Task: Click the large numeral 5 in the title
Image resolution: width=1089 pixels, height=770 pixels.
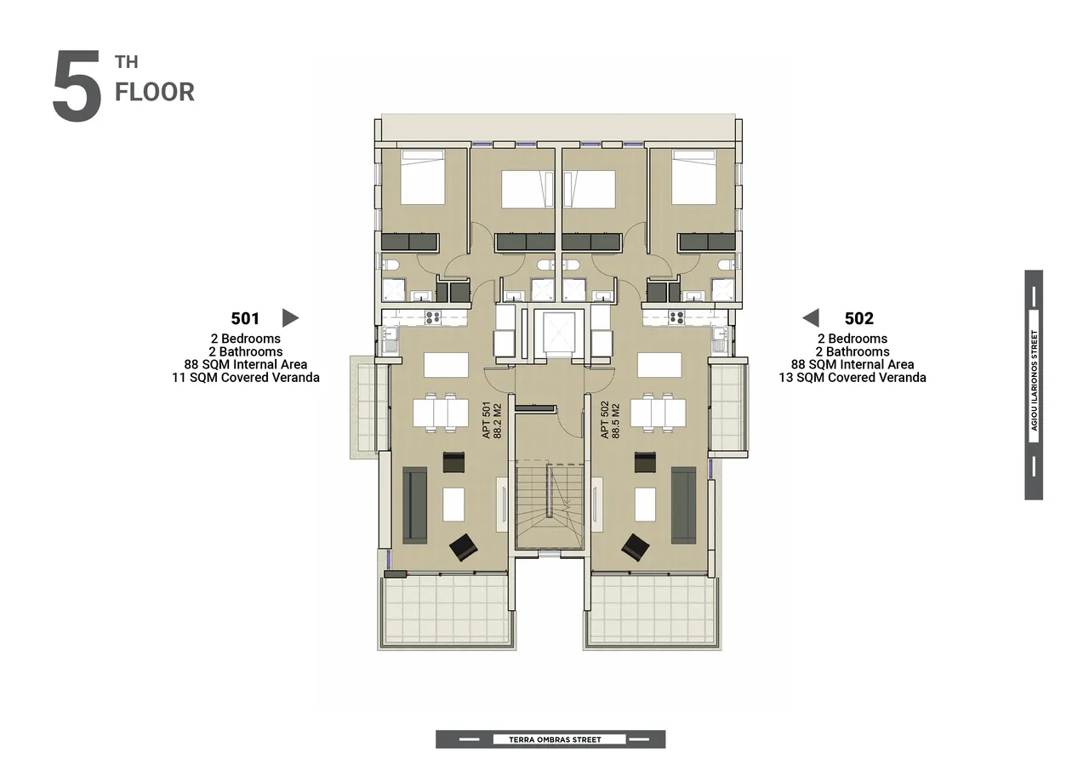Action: click(77, 86)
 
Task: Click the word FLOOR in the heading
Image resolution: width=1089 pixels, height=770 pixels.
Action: click(155, 92)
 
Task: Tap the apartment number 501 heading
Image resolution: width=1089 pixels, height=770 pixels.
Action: click(245, 318)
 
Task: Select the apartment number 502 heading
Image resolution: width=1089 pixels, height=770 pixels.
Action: click(859, 318)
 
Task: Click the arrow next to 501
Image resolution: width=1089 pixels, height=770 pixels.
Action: click(290, 318)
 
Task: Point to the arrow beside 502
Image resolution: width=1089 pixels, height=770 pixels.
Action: click(811, 318)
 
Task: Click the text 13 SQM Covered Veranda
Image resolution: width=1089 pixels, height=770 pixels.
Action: click(852, 378)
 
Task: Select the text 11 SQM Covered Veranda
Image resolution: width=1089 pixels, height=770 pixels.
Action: click(246, 378)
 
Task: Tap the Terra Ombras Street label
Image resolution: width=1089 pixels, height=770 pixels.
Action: click(555, 739)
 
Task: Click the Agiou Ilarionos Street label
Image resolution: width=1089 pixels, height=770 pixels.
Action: click(1034, 380)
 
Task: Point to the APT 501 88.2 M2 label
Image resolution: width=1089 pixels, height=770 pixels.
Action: click(491, 420)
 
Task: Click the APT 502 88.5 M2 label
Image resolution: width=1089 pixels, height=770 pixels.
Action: click(610, 420)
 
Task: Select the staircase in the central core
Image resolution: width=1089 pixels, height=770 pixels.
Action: click(550, 505)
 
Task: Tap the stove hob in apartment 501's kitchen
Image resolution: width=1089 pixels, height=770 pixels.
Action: click(433, 318)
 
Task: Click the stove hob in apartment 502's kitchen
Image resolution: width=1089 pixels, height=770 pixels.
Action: click(676, 318)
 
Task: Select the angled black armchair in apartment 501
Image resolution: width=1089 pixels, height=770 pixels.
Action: click(464, 547)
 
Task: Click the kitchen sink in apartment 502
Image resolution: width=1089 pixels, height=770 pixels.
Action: click(719, 339)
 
